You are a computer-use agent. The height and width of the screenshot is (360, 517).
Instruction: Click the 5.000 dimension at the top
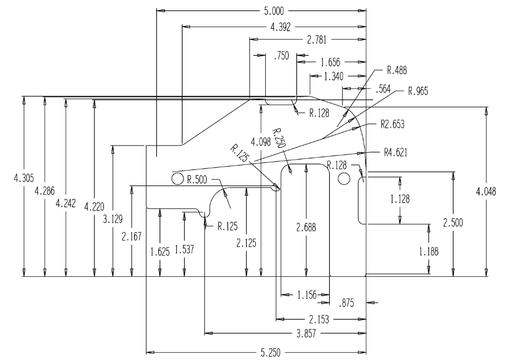coord(274,11)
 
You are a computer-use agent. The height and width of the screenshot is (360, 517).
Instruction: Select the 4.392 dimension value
coord(280,27)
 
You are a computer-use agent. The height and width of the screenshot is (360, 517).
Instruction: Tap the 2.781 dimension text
coord(316,40)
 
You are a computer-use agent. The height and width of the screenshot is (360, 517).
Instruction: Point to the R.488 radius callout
coord(397,70)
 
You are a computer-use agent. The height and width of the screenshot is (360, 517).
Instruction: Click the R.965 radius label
coord(417,91)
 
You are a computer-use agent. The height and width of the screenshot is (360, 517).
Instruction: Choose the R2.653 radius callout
coord(392,124)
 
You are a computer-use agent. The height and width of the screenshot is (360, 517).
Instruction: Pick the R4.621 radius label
coord(396,152)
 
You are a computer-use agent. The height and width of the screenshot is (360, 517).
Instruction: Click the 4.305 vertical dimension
coord(24,178)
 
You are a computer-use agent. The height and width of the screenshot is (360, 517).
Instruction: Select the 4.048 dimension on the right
coord(486,191)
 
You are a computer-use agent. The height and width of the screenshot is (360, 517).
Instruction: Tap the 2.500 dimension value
coord(453,223)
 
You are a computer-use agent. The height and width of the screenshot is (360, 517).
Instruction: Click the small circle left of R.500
coord(177,179)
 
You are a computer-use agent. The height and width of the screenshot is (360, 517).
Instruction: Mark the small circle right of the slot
coord(344,178)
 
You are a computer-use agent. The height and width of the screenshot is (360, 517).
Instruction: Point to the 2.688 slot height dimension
coord(306,227)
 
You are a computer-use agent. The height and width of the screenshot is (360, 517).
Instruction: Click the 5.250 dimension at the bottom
coord(270,353)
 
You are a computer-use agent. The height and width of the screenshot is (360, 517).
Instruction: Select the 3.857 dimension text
coord(306,334)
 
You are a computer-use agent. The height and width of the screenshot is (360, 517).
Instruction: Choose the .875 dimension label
coord(346,303)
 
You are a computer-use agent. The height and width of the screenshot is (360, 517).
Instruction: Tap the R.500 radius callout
coord(197,179)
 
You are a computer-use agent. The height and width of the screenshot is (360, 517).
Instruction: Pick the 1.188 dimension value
coord(429,252)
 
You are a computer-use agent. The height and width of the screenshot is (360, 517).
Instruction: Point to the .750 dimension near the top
coord(281,56)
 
